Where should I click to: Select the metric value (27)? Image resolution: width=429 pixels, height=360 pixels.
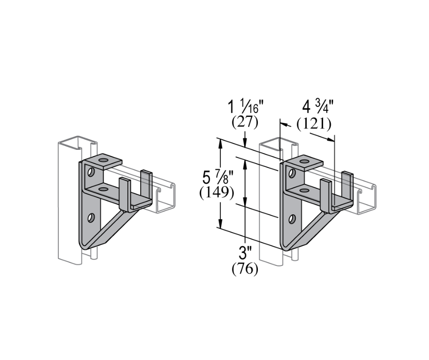[x=245, y=122]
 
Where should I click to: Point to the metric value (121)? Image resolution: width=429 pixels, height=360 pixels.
[x=314, y=123]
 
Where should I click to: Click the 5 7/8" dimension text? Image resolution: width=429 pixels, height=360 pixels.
[x=218, y=176]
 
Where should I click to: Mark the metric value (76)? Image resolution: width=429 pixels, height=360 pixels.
[x=245, y=269]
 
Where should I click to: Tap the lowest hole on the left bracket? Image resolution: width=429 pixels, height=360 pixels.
[x=91, y=217]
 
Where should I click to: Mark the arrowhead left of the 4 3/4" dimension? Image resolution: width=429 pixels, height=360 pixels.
[x=283, y=124]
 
